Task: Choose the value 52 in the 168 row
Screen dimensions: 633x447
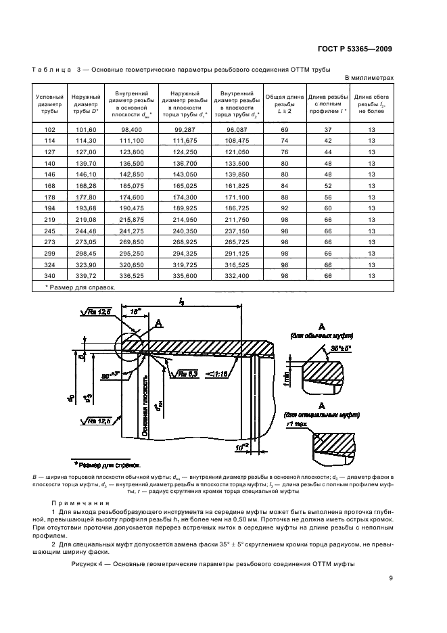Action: (x=327, y=183)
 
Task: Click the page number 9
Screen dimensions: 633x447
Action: (x=390, y=576)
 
